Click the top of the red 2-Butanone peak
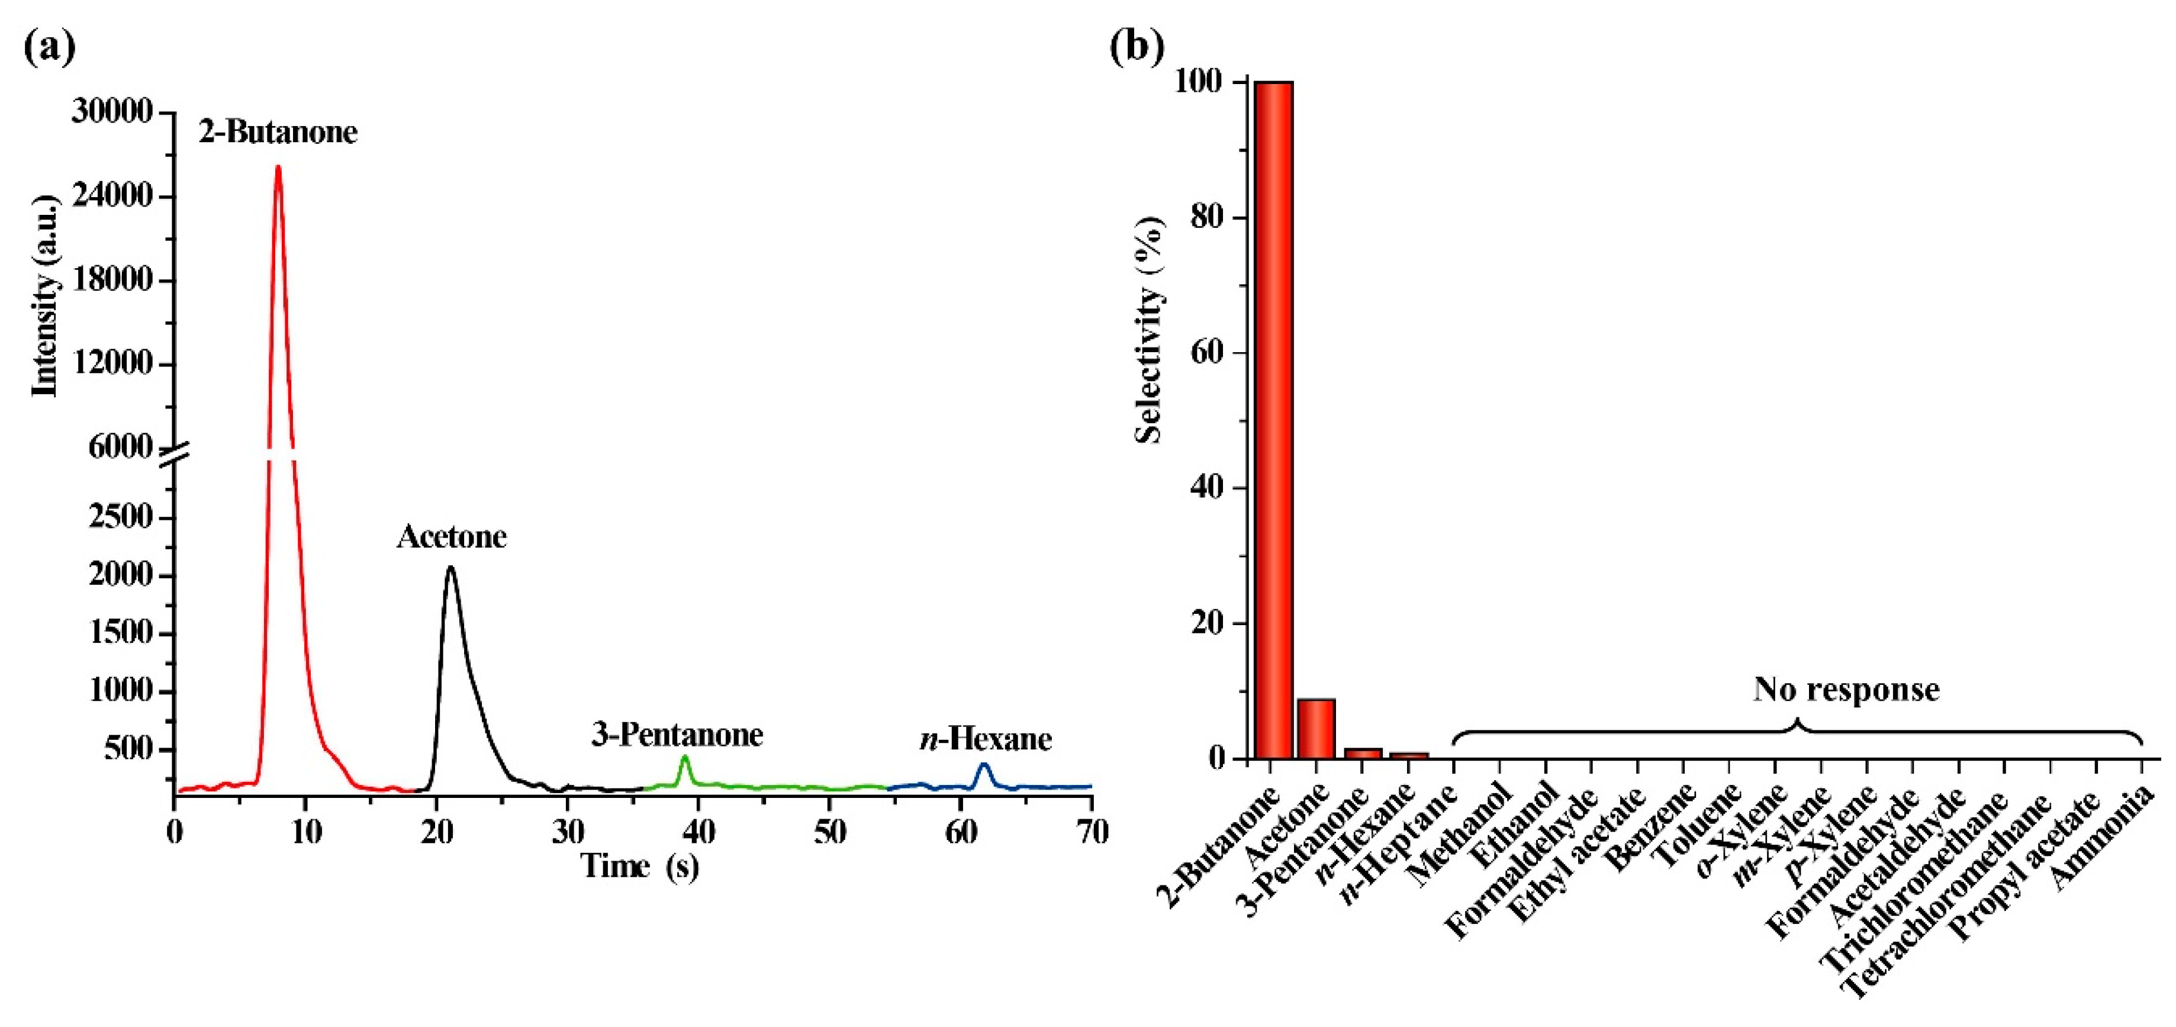pyautogui.click(x=278, y=168)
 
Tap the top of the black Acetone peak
pyautogui.click(x=450, y=568)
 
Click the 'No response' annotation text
pyautogui.click(x=1846, y=690)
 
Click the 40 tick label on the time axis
pyautogui.click(x=698, y=833)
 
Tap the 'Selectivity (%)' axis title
pyautogui.click(x=1149, y=329)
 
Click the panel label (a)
pyautogui.click(x=49, y=46)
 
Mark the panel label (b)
pyautogui.click(x=1136, y=46)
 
